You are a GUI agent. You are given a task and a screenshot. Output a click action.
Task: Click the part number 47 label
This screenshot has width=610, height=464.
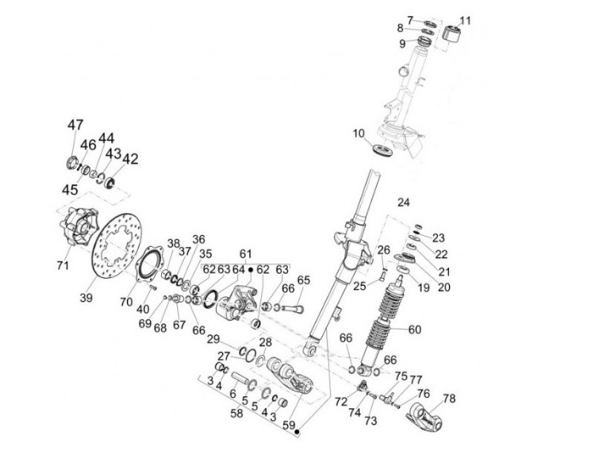(75, 125)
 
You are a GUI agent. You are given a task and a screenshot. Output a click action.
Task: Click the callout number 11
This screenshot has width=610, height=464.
(465, 20)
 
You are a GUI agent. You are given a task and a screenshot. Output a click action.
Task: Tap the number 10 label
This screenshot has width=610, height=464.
(358, 132)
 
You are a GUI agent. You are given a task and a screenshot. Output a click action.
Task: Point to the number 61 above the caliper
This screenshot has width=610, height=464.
(246, 254)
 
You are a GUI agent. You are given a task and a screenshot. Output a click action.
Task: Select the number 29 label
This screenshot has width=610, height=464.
(214, 339)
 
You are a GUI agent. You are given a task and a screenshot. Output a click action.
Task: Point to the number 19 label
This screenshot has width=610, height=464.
(423, 288)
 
